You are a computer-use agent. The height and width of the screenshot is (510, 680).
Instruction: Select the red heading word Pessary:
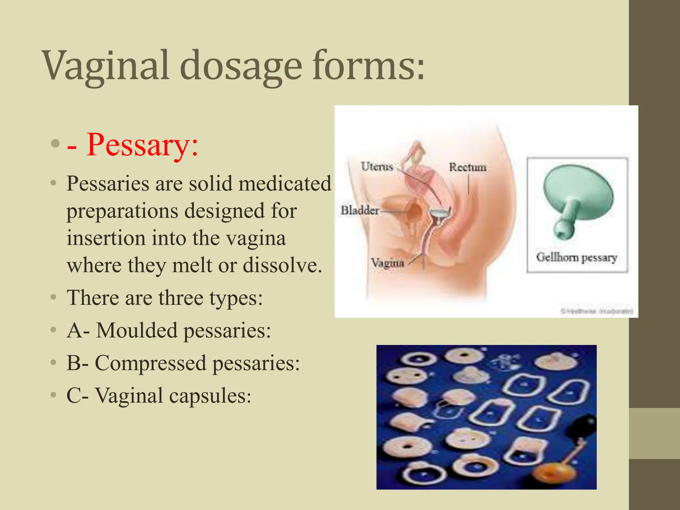pyautogui.click(x=142, y=145)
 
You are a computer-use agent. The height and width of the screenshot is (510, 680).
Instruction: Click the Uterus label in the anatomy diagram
pyautogui.click(x=377, y=166)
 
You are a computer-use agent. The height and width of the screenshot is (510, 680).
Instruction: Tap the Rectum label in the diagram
pyautogui.click(x=467, y=167)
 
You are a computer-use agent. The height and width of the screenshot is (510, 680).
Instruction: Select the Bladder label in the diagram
pyautogui.click(x=360, y=210)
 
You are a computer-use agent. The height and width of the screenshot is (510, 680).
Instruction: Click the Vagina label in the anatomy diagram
pyautogui.click(x=387, y=263)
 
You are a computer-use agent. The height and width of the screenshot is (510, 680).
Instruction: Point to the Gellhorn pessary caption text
pyautogui.click(x=576, y=257)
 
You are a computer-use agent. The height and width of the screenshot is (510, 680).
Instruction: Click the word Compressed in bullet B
pyautogui.click(x=150, y=363)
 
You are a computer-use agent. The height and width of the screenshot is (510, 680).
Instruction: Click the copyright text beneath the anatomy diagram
pyautogui.click(x=597, y=311)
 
